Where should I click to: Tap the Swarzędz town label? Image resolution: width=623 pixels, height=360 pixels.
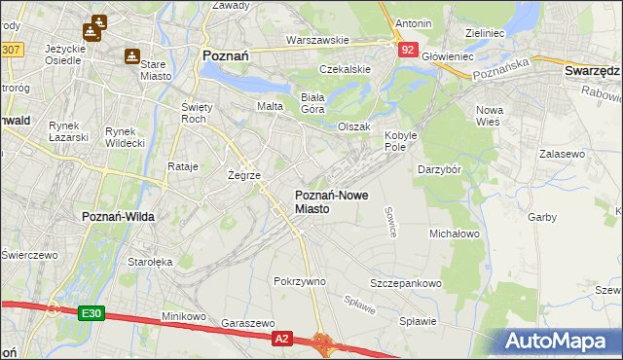592,71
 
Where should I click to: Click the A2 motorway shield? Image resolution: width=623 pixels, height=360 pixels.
281,338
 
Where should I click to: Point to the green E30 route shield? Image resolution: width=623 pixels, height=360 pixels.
91,313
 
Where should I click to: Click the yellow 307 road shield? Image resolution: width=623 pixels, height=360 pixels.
11,48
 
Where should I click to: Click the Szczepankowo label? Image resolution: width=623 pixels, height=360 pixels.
405,283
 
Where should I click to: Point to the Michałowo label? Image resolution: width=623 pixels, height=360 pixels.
455,234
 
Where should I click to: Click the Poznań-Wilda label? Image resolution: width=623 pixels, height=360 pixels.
114,216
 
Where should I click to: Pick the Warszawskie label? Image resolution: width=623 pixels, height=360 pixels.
317,41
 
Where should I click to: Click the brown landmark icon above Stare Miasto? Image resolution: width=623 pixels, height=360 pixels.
131,56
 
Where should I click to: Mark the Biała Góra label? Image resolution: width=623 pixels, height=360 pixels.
312,102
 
